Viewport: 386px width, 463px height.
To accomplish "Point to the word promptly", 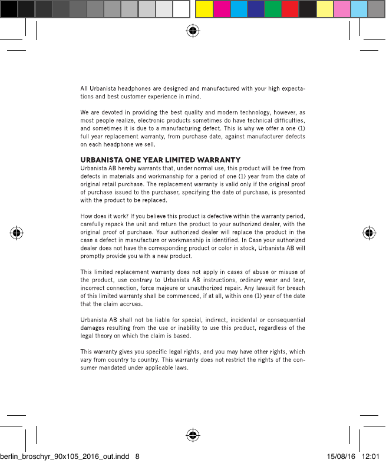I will [94, 256].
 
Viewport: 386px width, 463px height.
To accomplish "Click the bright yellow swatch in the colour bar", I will [204, 8].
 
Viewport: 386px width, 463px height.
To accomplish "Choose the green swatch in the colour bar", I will [273, 8].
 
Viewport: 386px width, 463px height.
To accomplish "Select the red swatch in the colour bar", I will [290, 8].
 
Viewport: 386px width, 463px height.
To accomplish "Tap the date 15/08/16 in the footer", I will [340, 456].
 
